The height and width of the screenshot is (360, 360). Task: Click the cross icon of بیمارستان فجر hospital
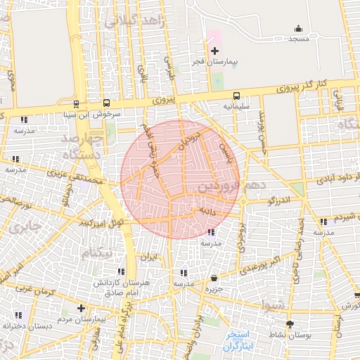point(215,51)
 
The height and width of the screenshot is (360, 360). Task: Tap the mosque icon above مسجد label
point(298,29)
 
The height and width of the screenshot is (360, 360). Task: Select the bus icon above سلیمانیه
point(236,95)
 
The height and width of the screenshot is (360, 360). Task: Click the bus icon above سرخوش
point(106,102)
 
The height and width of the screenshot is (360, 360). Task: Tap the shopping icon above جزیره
point(214,278)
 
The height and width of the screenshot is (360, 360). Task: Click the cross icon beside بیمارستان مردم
point(82,308)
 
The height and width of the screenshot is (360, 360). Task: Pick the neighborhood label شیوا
point(272,305)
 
